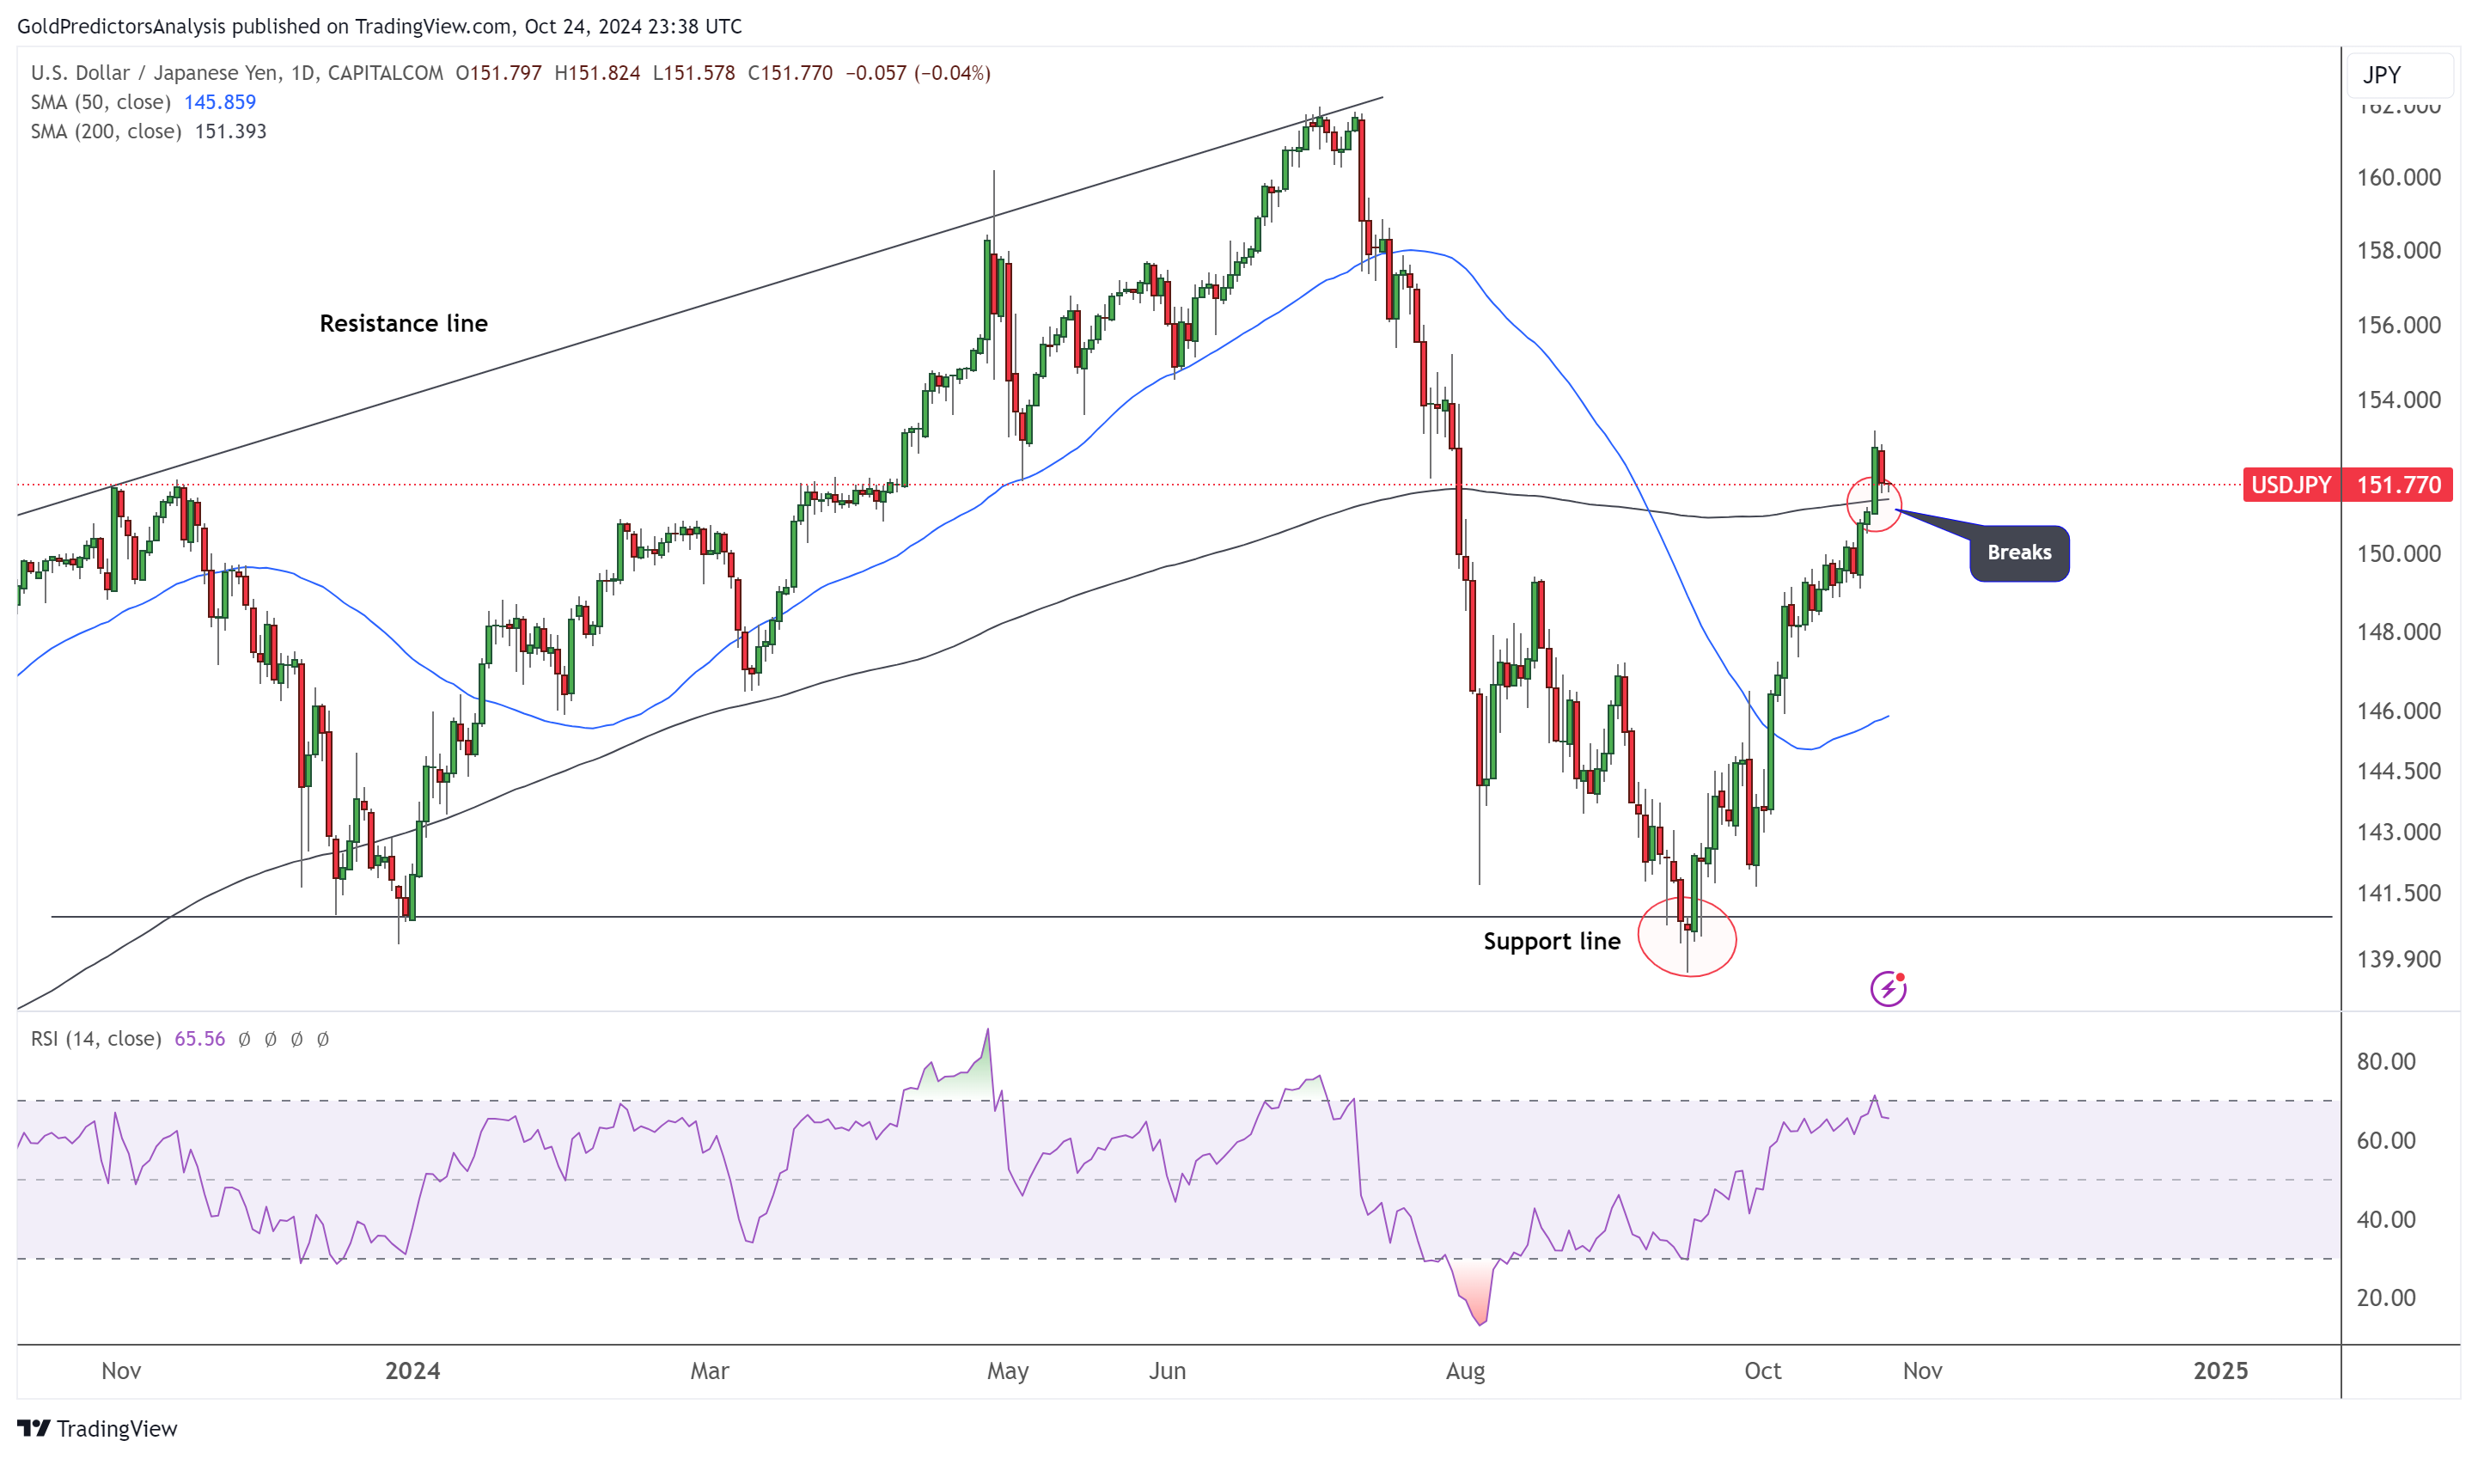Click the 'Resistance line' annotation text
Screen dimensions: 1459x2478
(403, 323)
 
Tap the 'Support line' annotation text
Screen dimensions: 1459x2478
(1551, 941)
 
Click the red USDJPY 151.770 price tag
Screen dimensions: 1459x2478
(2347, 485)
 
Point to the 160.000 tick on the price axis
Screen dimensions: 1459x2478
(2397, 178)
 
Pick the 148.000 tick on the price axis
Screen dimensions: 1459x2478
(2397, 632)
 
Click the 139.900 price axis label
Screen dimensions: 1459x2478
(2397, 959)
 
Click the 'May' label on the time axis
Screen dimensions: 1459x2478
(1007, 1370)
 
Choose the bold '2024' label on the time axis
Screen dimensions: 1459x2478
(412, 1370)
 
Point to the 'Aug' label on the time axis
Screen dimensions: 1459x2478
(1464, 1370)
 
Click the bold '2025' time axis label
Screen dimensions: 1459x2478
(2219, 1370)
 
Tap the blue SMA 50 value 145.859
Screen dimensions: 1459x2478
(219, 102)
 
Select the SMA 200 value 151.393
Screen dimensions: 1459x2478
(230, 131)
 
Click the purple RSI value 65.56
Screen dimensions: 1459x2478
(198, 1038)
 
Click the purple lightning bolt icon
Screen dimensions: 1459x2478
(1887, 988)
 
